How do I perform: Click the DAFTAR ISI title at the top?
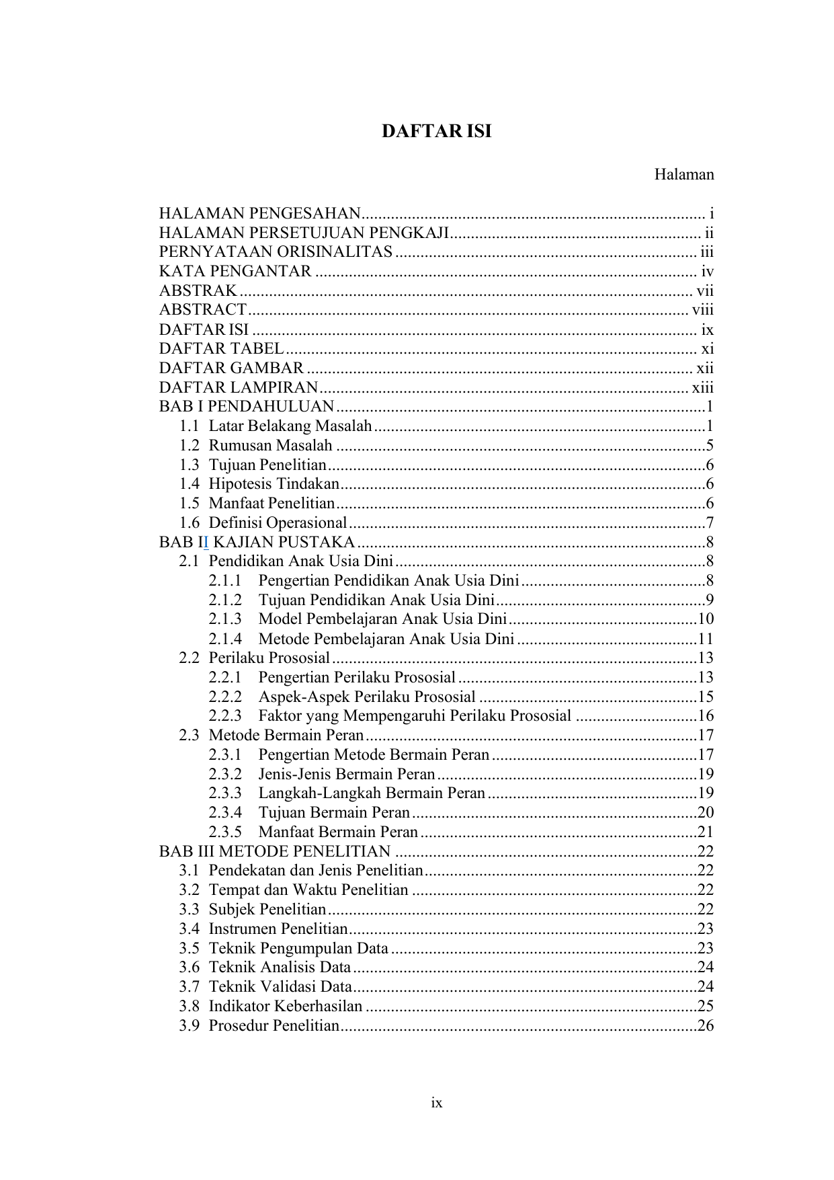[x=436, y=132]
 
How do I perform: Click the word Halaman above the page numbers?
[x=683, y=175]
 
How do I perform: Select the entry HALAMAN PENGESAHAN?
[x=259, y=214]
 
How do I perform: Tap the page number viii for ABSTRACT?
[x=702, y=310]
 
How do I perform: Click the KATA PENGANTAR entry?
[x=235, y=272]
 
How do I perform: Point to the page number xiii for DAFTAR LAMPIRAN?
[x=702, y=387]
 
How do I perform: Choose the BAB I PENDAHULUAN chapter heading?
[x=246, y=407]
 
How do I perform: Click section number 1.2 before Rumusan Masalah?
[x=189, y=445]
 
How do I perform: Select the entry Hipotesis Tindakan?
[x=274, y=484]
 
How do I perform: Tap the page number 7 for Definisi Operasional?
[x=710, y=523]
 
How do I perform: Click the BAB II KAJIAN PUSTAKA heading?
[x=257, y=542]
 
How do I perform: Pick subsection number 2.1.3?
[x=224, y=619]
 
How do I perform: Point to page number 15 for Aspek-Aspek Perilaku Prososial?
[x=706, y=697]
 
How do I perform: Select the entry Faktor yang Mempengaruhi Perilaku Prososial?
[x=415, y=716]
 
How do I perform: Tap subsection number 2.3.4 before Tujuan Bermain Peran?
[x=224, y=812]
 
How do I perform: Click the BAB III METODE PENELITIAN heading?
[x=274, y=851]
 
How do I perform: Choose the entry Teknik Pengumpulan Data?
[x=298, y=948]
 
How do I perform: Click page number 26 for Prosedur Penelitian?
[x=706, y=1026]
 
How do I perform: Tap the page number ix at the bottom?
[x=437, y=1103]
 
